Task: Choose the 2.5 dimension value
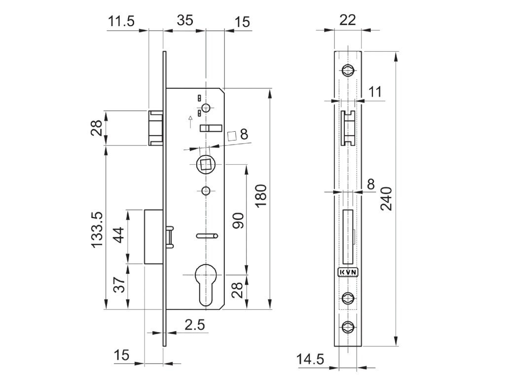click(x=194, y=325)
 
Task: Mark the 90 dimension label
click(x=237, y=220)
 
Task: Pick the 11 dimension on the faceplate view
click(x=375, y=91)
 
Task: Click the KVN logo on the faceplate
click(x=348, y=272)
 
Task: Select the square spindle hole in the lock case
click(x=204, y=164)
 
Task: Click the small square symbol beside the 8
click(x=231, y=135)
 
